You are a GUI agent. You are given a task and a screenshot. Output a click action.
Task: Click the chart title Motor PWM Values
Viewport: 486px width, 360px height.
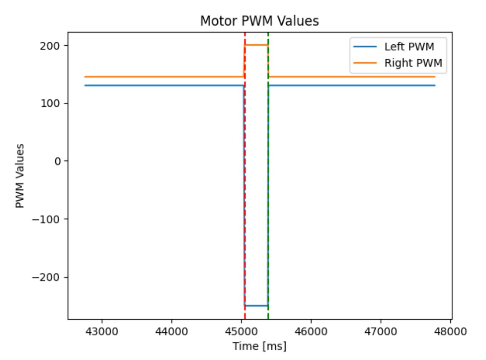[x=259, y=21]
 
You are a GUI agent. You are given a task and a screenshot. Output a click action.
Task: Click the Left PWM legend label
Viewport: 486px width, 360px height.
[x=409, y=47]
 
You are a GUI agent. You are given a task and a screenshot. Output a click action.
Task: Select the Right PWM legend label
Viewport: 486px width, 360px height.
[x=413, y=63]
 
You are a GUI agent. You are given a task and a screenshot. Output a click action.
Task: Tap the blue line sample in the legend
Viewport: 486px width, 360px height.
[x=365, y=47]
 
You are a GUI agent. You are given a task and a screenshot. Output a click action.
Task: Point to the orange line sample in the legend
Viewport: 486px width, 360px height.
[x=365, y=63]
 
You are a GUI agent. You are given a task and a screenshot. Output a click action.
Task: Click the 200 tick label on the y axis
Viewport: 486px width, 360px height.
[x=50, y=46]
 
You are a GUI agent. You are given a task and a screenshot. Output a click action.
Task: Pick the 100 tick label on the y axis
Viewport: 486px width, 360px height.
[x=50, y=103]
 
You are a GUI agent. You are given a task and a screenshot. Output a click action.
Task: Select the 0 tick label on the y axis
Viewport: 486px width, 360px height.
[x=58, y=161]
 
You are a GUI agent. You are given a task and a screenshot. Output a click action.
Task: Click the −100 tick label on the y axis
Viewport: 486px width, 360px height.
[x=46, y=219]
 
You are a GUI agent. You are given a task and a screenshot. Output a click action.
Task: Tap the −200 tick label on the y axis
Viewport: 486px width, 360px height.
[x=46, y=277]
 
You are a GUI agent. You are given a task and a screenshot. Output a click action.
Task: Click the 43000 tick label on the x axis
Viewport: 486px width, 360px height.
[x=102, y=332]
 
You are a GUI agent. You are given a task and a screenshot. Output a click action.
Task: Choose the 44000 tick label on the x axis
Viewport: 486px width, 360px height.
[x=171, y=332]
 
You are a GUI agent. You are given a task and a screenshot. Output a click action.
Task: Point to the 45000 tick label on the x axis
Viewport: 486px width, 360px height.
[x=241, y=332]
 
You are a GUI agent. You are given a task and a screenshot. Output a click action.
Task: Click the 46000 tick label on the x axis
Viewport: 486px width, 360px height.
[x=311, y=332]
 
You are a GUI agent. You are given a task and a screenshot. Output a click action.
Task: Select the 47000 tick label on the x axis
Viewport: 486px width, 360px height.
[x=381, y=332]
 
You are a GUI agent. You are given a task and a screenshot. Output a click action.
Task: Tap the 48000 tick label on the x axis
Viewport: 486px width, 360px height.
[x=450, y=332]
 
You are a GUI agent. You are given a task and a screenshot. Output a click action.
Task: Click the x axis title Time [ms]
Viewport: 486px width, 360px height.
[x=259, y=346]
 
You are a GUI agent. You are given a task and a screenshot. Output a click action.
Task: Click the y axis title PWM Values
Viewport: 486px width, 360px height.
[x=20, y=176]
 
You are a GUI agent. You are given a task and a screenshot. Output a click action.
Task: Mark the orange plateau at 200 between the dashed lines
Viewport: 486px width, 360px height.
[x=256, y=45]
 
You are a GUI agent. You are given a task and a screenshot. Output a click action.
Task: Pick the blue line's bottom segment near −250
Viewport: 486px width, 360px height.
[x=256, y=306]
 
